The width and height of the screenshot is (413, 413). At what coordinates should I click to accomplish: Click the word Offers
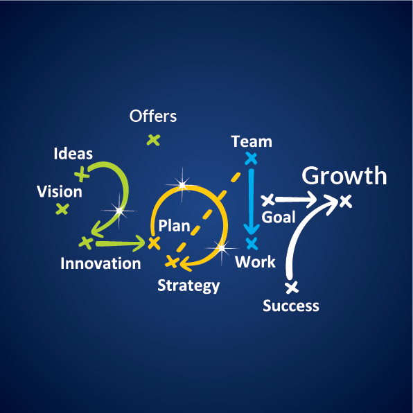[x=152, y=116]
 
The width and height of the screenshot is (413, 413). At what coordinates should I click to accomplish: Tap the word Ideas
[x=73, y=154]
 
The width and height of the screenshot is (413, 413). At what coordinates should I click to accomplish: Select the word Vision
[x=60, y=191]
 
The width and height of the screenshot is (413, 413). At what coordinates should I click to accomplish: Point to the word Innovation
[x=100, y=263]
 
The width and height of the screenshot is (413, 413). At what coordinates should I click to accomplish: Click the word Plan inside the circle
[x=174, y=226]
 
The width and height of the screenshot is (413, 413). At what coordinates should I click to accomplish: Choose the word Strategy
[x=188, y=286]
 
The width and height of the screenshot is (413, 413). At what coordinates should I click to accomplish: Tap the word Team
[x=252, y=141]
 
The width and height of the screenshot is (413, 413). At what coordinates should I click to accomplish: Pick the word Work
[x=255, y=262]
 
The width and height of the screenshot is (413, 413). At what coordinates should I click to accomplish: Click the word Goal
[x=279, y=218]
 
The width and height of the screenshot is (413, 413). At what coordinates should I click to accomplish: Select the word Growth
[x=344, y=175]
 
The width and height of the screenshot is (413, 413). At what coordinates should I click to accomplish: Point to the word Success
[x=291, y=306]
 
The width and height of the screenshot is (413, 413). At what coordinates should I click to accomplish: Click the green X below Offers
[x=154, y=140]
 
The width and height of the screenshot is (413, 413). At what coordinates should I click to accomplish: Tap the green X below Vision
[x=62, y=209]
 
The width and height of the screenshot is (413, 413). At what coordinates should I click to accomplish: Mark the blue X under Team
[x=251, y=159]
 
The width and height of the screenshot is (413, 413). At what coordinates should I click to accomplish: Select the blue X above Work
[x=252, y=243]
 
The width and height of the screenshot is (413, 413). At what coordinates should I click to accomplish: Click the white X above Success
[x=292, y=287]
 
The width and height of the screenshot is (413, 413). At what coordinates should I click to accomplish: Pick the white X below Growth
[x=346, y=202]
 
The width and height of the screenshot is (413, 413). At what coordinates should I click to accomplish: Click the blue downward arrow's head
[x=252, y=229]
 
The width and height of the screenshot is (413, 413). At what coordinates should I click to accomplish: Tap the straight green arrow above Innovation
[x=121, y=243]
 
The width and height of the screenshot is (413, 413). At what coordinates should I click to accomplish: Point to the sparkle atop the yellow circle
[x=182, y=185]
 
